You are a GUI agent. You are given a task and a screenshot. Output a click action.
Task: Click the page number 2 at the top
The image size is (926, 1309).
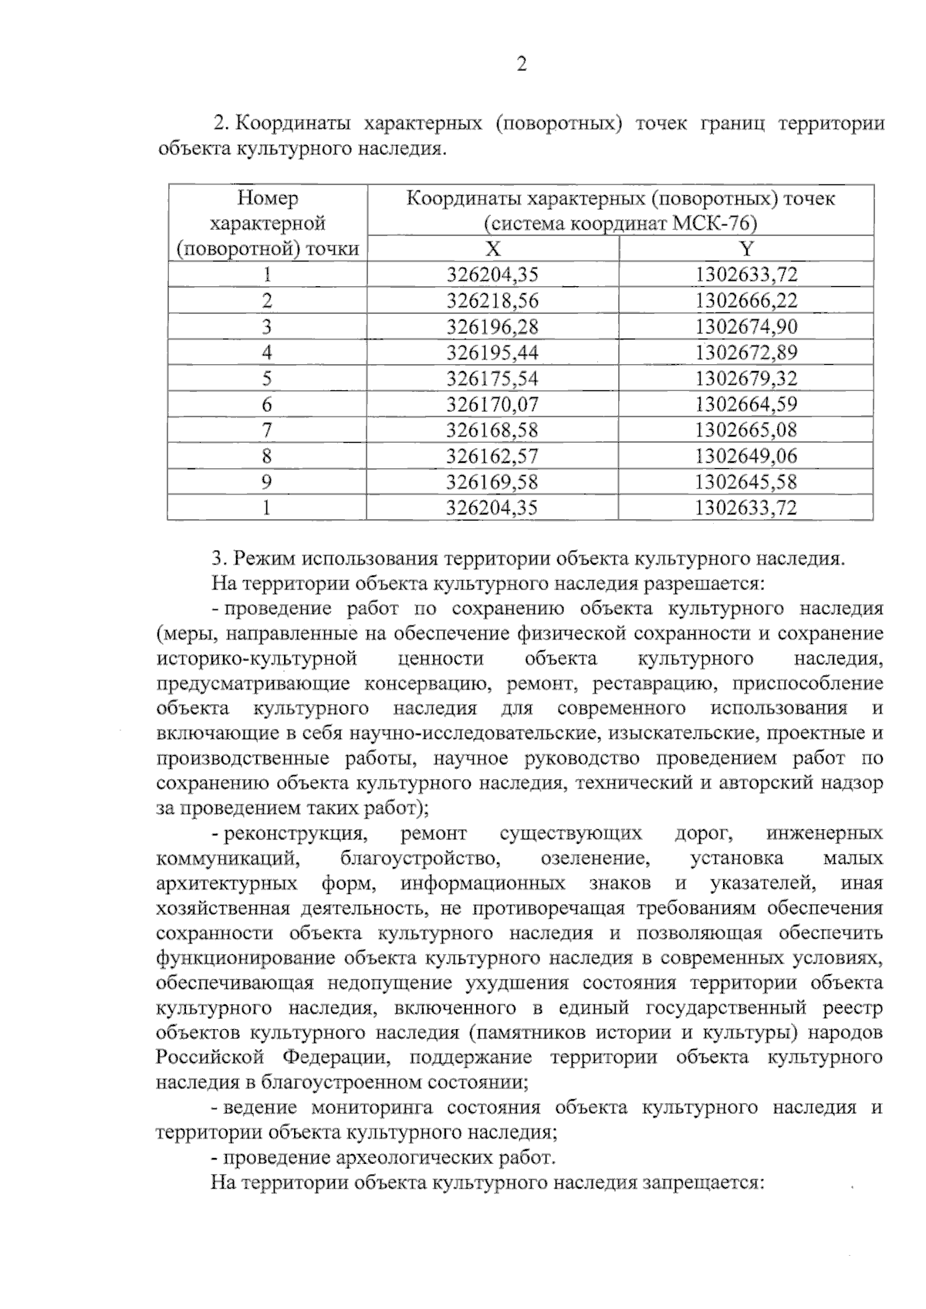click(x=521, y=65)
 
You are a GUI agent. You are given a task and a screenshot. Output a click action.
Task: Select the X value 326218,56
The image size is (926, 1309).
click(x=492, y=301)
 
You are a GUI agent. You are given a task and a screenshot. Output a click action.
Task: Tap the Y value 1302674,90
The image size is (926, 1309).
click(x=745, y=326)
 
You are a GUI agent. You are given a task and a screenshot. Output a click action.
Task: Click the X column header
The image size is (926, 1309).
click(x=492, y=248)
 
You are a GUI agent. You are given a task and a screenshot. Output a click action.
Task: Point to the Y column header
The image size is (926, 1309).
click(x=745, y=248)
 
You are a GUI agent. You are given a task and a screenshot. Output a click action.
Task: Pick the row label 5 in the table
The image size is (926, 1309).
click(x=266, y=379)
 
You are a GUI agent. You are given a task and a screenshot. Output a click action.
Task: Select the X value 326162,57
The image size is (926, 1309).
click(x=492, y=456)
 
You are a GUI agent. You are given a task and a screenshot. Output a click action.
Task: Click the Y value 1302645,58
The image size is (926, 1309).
click(x=745, y=482)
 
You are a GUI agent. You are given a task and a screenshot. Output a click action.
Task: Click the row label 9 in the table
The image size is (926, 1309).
click(x=266, y=482)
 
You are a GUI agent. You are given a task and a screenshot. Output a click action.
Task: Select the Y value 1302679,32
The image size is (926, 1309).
click(x=745, y=379)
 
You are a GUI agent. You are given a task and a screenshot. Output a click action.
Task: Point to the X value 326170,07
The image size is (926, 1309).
click(x=492, y=404)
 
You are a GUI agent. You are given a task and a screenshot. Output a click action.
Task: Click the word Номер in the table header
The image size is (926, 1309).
click(x=267, y=198)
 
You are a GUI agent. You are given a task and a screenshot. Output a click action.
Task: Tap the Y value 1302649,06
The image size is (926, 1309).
click(x=745, y=456)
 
